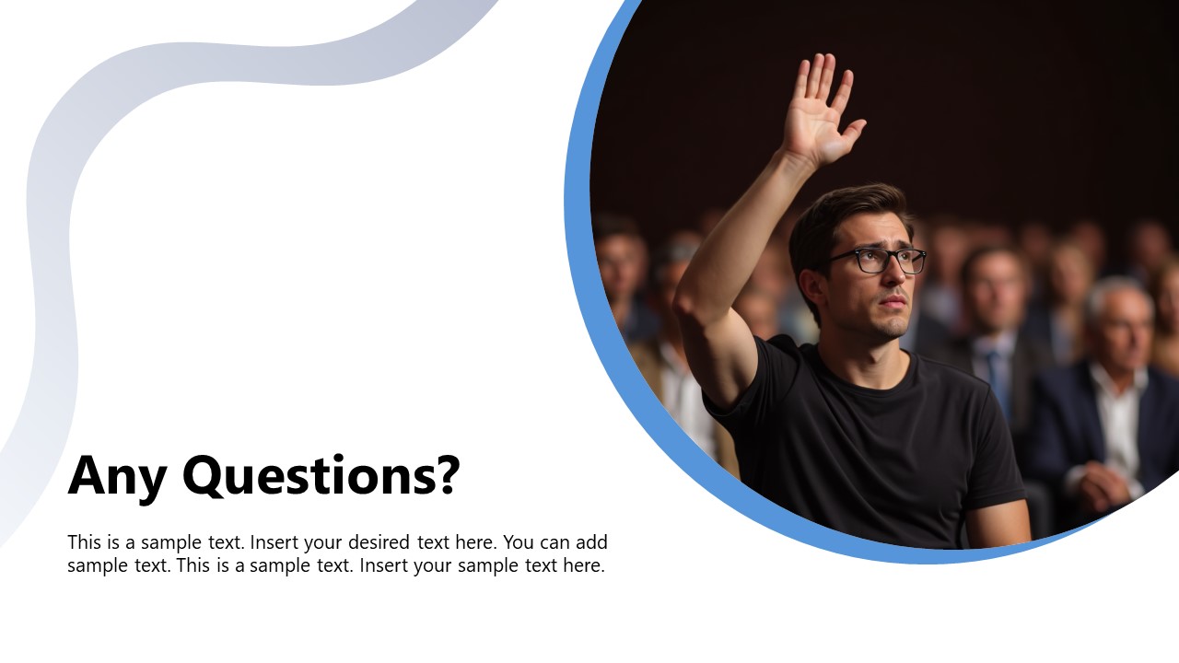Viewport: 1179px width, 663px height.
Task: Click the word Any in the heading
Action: point(117,476)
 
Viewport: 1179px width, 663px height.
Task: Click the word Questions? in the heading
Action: point(320,476)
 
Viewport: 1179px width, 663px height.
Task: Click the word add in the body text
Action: point(589,542)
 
